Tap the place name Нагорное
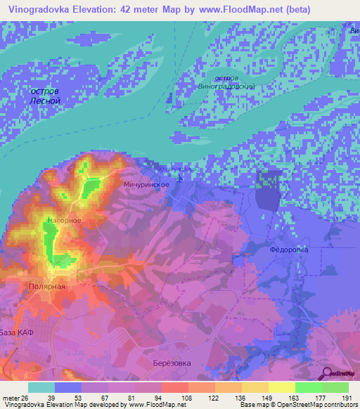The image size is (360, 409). [x=65, y=221]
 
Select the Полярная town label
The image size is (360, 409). [x=47, y=287]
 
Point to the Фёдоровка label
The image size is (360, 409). [x=289, y=249]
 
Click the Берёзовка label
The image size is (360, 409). [x=172, y=363]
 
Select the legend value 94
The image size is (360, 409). [x=161, y=398]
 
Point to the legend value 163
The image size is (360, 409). [x=295, y=398]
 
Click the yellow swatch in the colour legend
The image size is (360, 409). [x=281, y=387]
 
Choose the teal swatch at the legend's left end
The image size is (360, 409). [x=41, y=387]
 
